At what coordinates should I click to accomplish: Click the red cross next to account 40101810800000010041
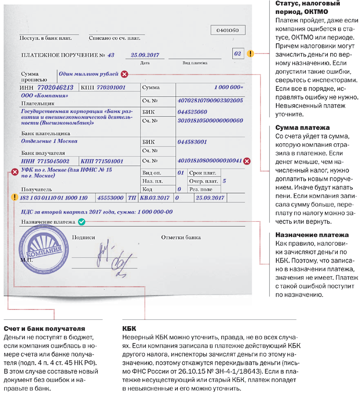coord(247,161)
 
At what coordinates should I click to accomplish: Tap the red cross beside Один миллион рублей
coord(124,74)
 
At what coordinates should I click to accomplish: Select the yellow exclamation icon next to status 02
coord(250,53)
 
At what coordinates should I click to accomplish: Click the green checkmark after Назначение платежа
coord(81,222)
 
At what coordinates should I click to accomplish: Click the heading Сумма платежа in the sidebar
coord(302,128)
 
